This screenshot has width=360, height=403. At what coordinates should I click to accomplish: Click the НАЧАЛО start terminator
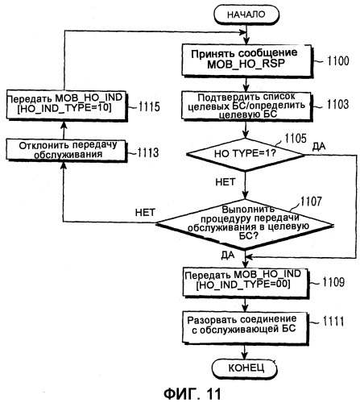pos(246,15)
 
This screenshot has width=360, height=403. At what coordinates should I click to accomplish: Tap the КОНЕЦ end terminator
pos(244,368)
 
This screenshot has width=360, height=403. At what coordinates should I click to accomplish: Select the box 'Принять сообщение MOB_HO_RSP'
pos(247,60)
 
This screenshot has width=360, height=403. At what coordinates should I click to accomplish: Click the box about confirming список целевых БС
pos(246,106)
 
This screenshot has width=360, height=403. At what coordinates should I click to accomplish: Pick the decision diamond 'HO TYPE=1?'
pos(246,154)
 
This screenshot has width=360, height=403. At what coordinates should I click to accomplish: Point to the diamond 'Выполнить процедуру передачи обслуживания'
pos(245,224)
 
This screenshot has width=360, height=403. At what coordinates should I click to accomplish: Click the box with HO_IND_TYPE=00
pos(246,281)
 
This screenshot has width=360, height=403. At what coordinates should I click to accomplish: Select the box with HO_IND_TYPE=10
pos(66,105)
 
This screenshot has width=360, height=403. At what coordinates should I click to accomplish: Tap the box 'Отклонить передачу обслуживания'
pos(66,150)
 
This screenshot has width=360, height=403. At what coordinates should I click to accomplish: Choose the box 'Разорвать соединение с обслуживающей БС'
pos(245,326)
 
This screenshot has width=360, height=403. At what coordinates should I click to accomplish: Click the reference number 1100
pos(337,60)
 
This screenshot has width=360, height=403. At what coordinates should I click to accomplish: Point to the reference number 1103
pos(337,105)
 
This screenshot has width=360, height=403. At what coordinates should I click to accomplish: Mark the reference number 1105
pos(296,139)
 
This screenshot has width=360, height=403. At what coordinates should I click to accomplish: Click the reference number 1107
pos(311,201)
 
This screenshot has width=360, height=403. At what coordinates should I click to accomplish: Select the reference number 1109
pos(333,282)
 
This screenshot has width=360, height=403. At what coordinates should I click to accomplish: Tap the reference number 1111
pos(333,322)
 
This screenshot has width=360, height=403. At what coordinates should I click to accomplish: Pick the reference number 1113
pos(148,152)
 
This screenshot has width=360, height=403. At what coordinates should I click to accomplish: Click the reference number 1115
pos(149,107)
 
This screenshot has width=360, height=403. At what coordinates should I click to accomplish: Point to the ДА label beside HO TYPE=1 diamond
pos(319,146)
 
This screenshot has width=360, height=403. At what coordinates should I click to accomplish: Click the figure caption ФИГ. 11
pos(192,394)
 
